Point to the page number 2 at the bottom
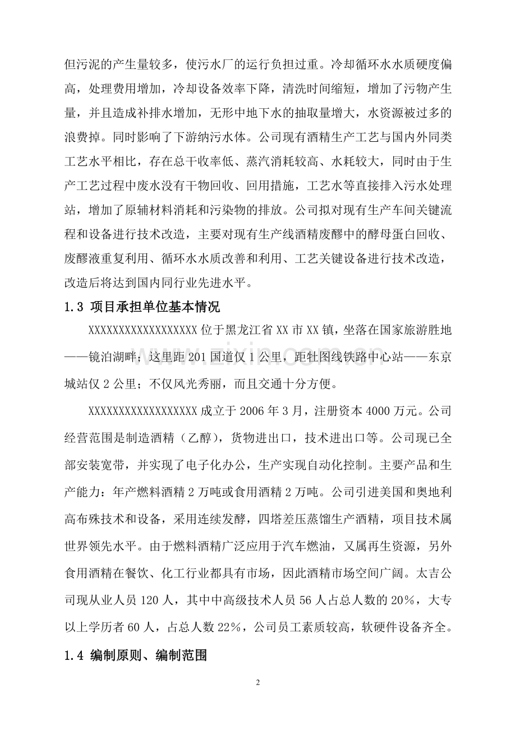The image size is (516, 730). (258, 682)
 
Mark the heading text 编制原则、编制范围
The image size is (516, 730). (149, 654)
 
